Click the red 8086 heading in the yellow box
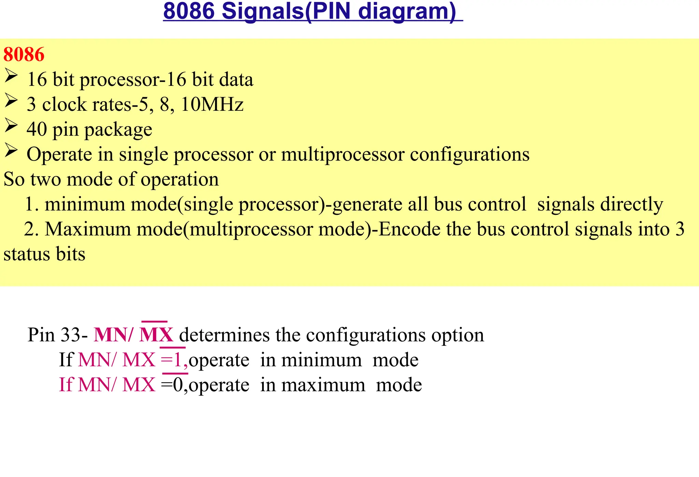pos(24,55)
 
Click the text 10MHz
pos(212,104)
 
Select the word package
pos(118,130)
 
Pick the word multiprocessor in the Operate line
pos(342,154)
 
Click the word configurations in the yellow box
pos(470,154)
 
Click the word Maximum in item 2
pos(88,229)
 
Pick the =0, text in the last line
pos(174,385)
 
